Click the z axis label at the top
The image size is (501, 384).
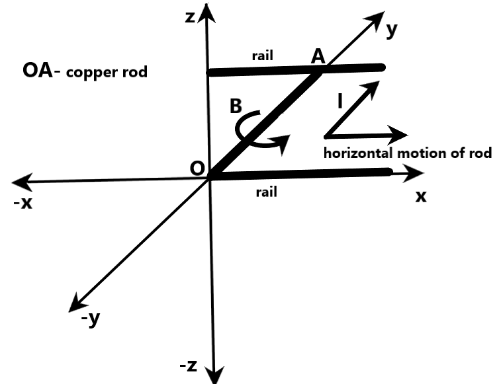point(191,17)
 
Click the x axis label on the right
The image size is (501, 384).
point(421,196)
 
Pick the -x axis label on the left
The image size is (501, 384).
point(23,203)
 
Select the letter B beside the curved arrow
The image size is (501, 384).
point(235,106)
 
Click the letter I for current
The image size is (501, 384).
point(340,101)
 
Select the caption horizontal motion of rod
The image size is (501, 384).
point(407,153)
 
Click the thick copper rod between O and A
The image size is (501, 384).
point(265,122)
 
